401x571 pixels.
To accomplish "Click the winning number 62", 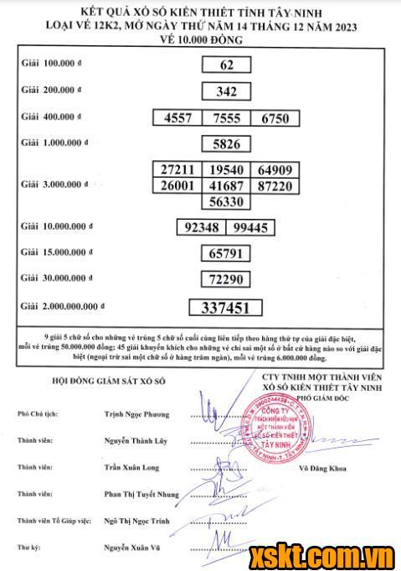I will pyautogui.click(x=226, y=65).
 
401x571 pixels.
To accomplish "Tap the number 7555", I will pyautogui.click(x=226, y=119).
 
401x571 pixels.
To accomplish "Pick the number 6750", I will pyautogui.click(x=275, y=119).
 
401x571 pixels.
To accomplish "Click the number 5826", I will pyautogui.click(x=226, y=143).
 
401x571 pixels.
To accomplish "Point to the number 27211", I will pyautogui.click(x=177, y=169).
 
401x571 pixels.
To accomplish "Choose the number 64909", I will pyautogui.click(x=275, y=169).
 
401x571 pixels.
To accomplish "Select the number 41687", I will pyautogui.click(x=226, y=185).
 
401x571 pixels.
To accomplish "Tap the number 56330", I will pyautogui.click(x=226, y=201).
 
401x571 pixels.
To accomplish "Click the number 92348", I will pyautogui.click(x=202, y=226).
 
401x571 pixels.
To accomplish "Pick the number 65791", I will pyautogui.click(x=226, y=252).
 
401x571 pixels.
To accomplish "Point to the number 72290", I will pyautogui.click(x=226, y=278).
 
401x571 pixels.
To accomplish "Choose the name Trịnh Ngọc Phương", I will pyautogui.click(x=136, y=414).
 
